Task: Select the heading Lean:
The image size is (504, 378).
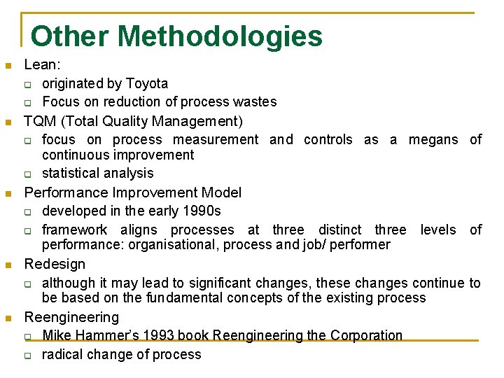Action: pyautogui.click(x=43, y=65)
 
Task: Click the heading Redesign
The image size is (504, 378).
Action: pyautogui.click(x=55, y=264)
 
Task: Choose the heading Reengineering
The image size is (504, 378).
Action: pyautogui.click(x=71, y=317)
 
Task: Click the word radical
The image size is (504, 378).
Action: pyautogui.click(x=63, y=354)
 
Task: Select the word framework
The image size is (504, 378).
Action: pyautogui.click(x=75, y=230)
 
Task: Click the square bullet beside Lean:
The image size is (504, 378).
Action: pyautogui.click(x=8, y=66)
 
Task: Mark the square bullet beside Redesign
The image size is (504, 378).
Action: pyautogui.click(x=8, y=265)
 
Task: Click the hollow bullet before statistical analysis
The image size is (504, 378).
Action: pyautogui.click(x=28, y=174)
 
